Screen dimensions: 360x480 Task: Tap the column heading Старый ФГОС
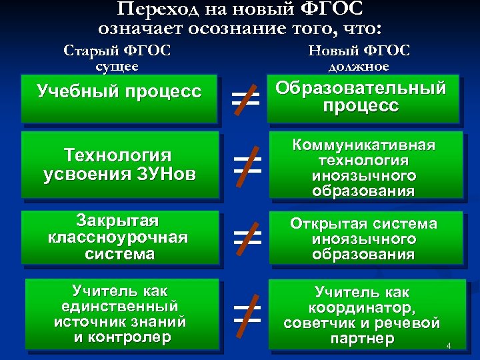[117, 51]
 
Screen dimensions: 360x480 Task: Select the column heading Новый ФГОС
[360, 51]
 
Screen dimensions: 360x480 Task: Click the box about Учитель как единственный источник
[120, 313]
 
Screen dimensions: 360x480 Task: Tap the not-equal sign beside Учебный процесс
[246, 101]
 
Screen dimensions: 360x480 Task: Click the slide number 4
[449, 346]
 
